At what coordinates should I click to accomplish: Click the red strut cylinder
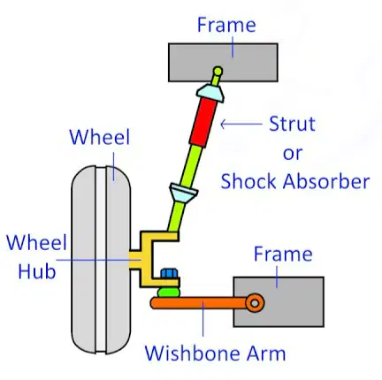[202, 122]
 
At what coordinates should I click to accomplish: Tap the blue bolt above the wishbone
[170, 273]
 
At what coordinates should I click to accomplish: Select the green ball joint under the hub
[169, 292]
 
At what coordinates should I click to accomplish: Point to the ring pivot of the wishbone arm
[255, 303]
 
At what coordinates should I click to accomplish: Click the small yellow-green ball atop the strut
[218, 71]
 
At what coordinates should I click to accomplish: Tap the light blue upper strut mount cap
[210, 93]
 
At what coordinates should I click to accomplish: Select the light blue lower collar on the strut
[183, 193]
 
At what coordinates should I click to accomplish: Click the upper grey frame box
[223, 63]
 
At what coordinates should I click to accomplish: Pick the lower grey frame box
[279, 301]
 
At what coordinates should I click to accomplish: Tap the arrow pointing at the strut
[241, 124]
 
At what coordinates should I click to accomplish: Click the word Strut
[292, 124]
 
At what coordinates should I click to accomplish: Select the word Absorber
[326, 181]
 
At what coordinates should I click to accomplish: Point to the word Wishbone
[193, 353]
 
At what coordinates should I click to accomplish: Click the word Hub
[37, 270]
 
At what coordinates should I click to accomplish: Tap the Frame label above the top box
[226, 25]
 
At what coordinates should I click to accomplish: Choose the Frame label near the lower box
[283, 254]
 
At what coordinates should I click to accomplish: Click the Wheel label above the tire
[100, 137]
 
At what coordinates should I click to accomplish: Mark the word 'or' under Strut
[293, 153]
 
